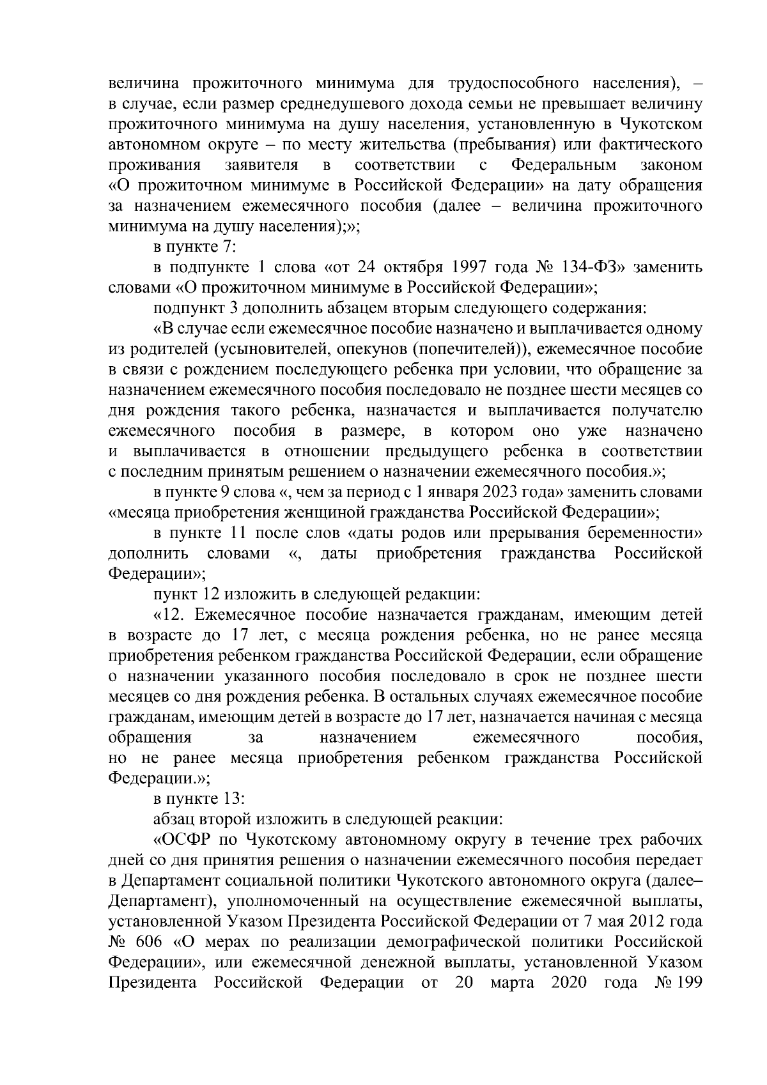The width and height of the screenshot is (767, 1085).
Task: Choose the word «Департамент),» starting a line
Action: (x=153, y=901)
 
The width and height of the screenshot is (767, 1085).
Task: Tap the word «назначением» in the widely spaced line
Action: (x=368, y=737)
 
